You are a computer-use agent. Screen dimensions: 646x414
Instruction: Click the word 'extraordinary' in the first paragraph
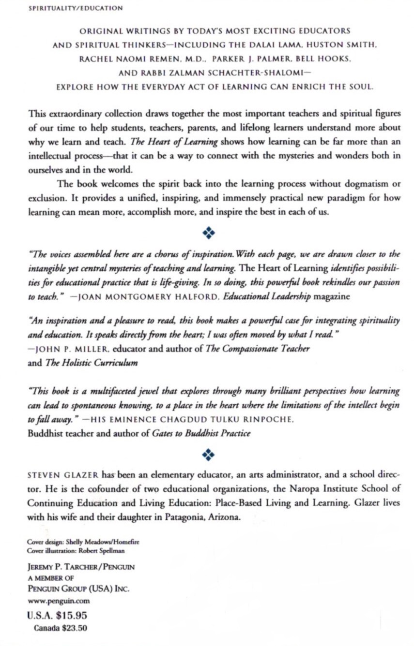[70, 114]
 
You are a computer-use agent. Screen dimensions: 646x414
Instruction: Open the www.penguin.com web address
[59, 601]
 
